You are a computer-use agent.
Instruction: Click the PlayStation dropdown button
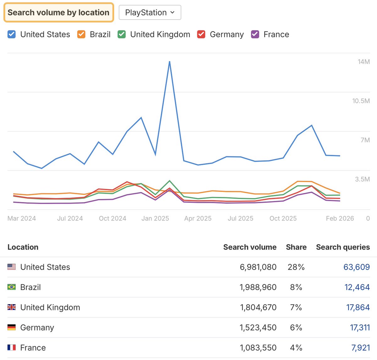point(150,13)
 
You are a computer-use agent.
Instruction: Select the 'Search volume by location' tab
point(58,13)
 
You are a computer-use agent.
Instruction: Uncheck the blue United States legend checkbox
point(12,34)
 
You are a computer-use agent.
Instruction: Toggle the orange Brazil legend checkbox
point(81,34)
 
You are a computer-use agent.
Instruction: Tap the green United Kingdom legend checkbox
point(122,34)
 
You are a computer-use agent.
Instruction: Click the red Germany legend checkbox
point(201,34)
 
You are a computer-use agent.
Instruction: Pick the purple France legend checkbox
point(255,34)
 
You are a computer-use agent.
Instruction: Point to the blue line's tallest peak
point(170,62)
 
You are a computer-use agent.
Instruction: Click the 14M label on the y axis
point(363,62)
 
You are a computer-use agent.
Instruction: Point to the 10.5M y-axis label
point(361,101)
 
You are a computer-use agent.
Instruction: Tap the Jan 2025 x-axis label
point(155,218)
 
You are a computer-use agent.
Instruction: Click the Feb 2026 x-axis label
point(340,218)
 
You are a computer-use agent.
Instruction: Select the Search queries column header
point(343,247)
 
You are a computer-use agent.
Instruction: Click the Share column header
point(296,247)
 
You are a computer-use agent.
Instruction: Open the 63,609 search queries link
point(356,267)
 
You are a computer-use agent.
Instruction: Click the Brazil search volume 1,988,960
point(258,287)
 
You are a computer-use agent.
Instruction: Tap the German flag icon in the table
point(12,327)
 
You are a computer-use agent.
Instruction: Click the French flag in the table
point(12,347)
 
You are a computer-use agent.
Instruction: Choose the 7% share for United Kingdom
point(296,307)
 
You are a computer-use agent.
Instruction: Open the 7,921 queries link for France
point(360,348)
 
